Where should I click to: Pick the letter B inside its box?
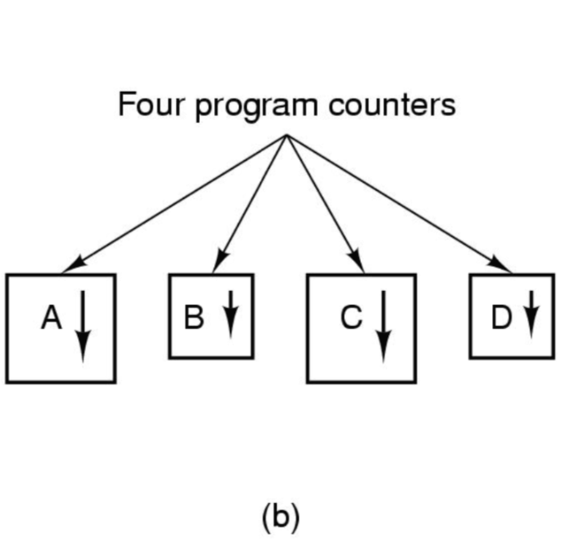point(194,318)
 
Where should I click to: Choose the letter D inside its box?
point(501,318)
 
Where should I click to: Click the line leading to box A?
point(175,202)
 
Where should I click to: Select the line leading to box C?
point(324,202)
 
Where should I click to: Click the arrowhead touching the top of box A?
point(72,264)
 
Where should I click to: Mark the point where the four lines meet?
point(286,135)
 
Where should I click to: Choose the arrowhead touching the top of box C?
point(357,263)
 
